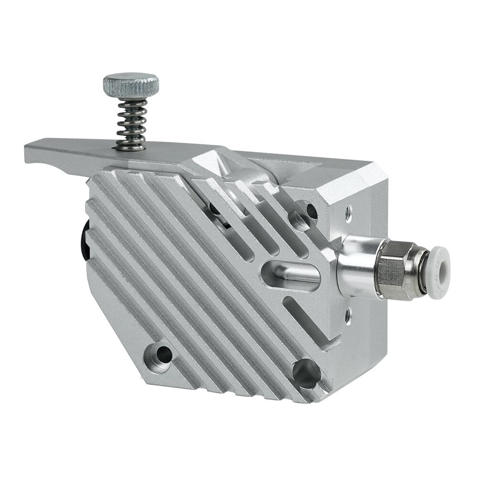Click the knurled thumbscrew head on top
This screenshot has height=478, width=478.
coord(130,85)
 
